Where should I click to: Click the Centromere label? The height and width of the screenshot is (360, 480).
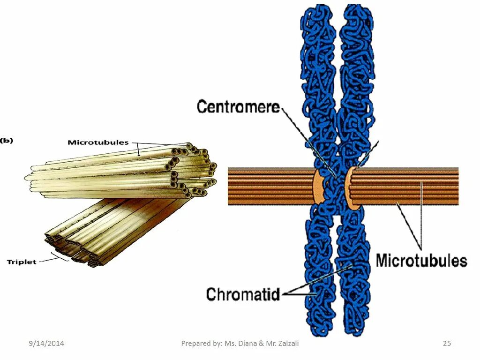pos(238,107)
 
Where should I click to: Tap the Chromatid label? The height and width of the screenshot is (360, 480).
pos(242,294)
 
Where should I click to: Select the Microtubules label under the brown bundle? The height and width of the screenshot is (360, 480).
pos(421,261)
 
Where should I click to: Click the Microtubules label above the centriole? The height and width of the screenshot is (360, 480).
pos(98,142)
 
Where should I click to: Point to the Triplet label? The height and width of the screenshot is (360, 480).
pos(22,262)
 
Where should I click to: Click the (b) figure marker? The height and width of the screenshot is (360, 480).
pos(7,140)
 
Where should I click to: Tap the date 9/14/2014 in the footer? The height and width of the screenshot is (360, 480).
pos(45,344)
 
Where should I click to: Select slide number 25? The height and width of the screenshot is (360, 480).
pos(447,344)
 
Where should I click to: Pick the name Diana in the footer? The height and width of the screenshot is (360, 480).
pos(248,344)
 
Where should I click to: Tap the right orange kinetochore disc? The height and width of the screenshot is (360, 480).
pos(350,186)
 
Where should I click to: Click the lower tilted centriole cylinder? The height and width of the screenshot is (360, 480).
pos(117,225)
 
